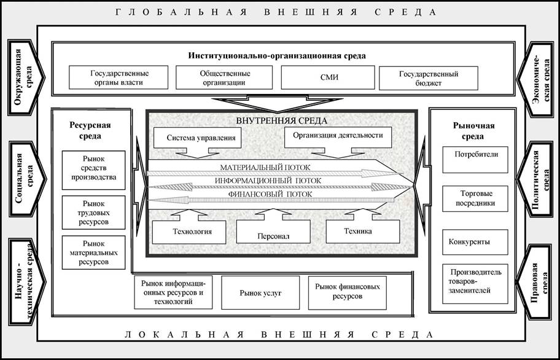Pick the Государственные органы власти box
pyautogui.click(x=119, y=77)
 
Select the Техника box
pyautogui.click(x=362, y=231)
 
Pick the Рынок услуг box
pyautogui.click(x=260, y=292)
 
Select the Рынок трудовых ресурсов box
pyautogui.click(x=93, y=211)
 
